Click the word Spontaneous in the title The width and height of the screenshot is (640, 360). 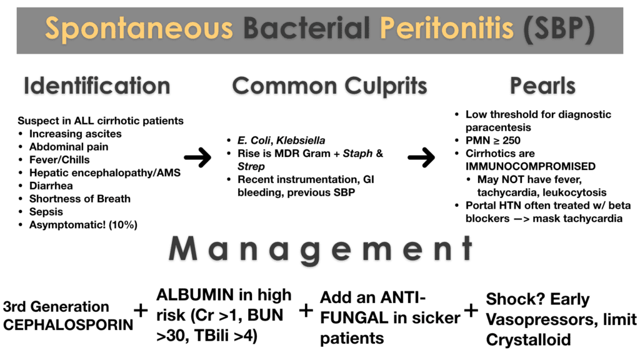(139, 29)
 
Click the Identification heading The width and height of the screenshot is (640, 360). (97, 86)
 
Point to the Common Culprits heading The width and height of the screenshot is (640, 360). (329, 86)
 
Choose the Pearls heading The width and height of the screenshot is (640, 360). (542, 86)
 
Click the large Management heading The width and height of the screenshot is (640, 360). (320, 250)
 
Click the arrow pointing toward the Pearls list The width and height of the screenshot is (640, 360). (421, 159)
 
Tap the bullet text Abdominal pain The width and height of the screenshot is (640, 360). (69, 147)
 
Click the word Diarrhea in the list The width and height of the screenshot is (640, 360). (51, 186)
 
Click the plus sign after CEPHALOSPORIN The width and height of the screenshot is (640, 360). (141, 311)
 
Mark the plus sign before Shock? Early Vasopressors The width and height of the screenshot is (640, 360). (471, 311)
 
